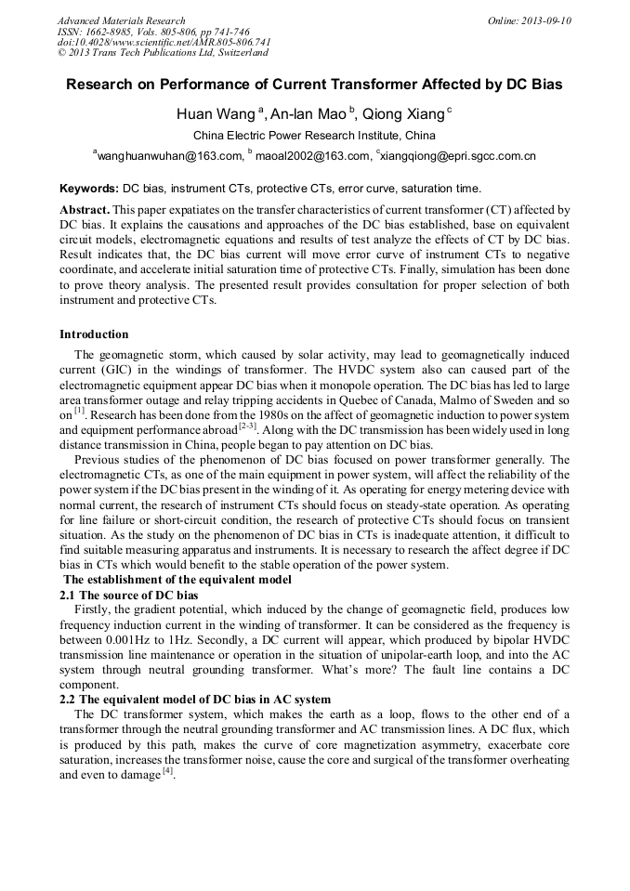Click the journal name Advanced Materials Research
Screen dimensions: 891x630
click(121, 20)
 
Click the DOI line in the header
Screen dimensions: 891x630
click(164, 42)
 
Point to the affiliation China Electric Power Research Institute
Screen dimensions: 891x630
click(314, 136)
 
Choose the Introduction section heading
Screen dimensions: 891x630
click(94, 334)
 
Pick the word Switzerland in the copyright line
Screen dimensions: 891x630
click(236, 52)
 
